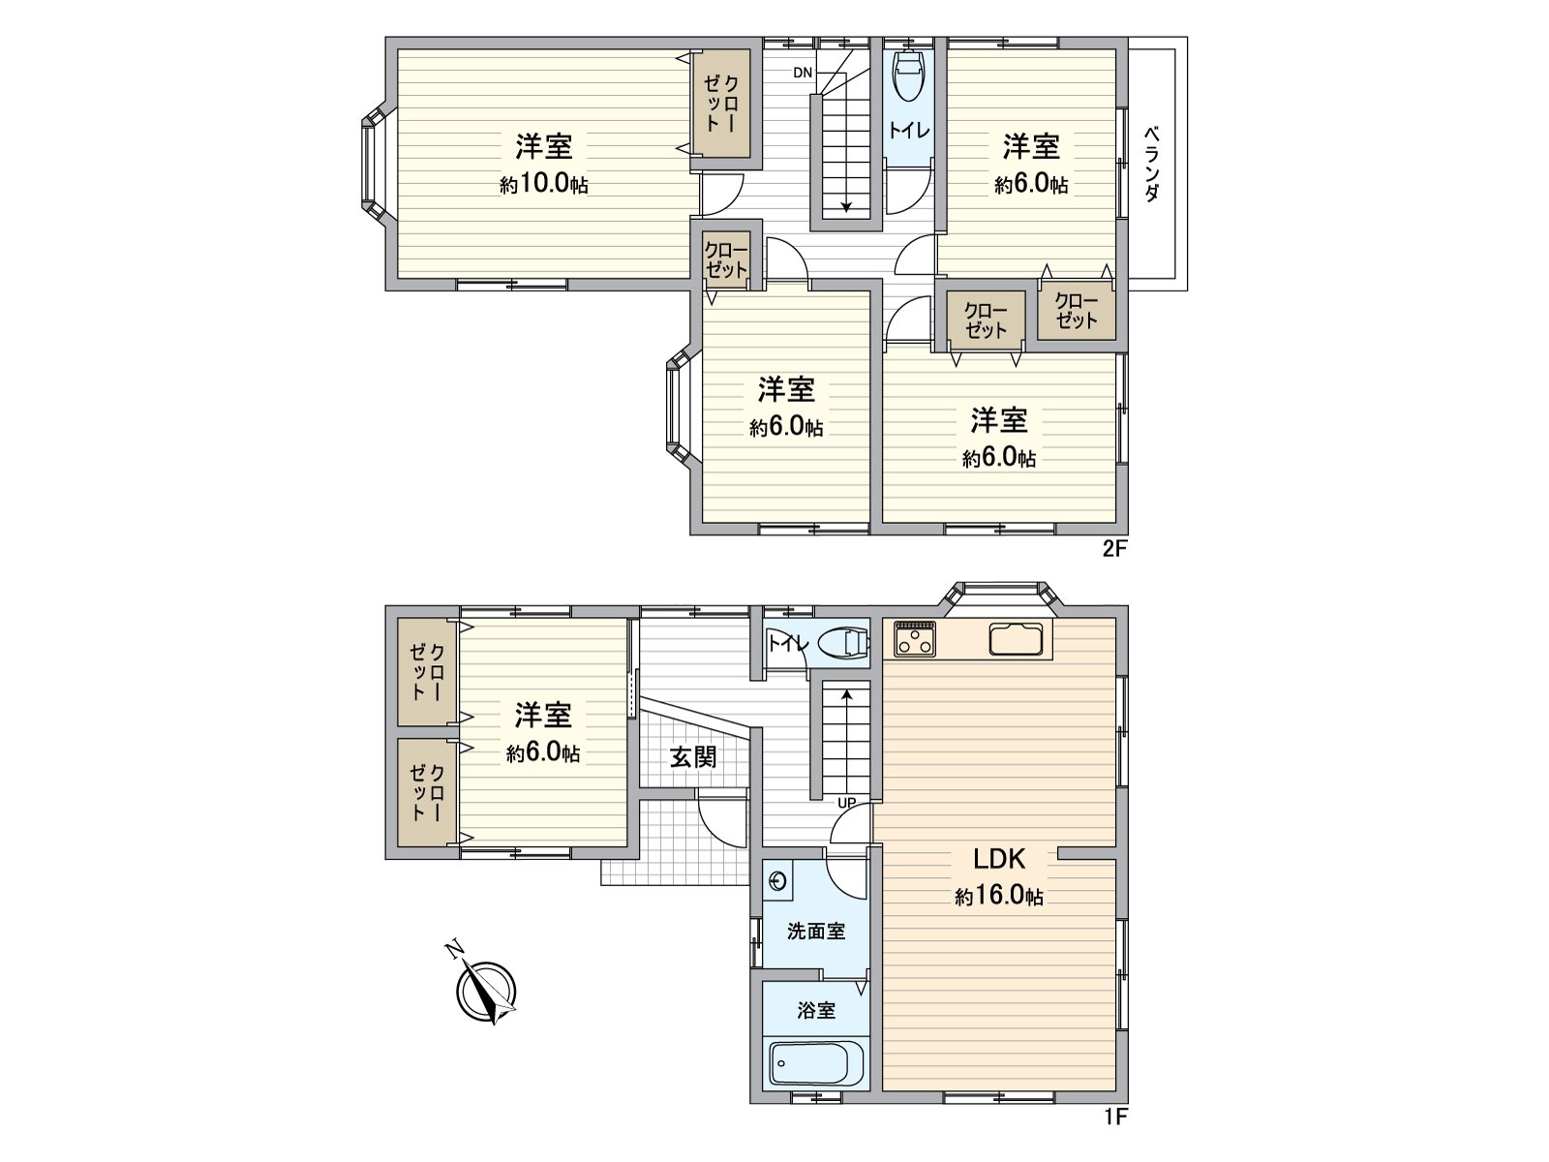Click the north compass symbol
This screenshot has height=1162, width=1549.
tap(486, 992)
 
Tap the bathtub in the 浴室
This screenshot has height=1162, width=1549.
tap(817, 1063)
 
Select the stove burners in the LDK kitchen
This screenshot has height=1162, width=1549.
tap(915, 637)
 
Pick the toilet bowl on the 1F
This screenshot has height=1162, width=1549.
tap(843, 643)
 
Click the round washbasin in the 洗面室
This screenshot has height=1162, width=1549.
tap(777, 881)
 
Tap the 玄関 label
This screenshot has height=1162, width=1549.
tap(694, 756)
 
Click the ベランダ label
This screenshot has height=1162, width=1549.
tap(1151, 163)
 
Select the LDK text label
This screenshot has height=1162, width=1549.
tap(998, 859)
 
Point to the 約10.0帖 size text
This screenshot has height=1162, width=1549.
tap(543, 184)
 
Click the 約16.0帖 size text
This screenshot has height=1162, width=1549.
tap(999, 897)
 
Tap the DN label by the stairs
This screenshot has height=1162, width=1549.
tap(803, 73)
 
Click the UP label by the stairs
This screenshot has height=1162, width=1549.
tap(846, 802)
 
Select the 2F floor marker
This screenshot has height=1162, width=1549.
tap(1115, 550)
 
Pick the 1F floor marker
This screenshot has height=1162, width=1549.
tap(1115, 1117)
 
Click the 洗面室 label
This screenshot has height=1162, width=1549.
tap(816, 932)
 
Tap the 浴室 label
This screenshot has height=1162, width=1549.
tap(816, 1010)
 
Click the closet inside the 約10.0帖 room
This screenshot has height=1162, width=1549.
tap(720, 104)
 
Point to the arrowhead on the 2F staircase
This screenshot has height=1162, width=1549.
tap(847, 204)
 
